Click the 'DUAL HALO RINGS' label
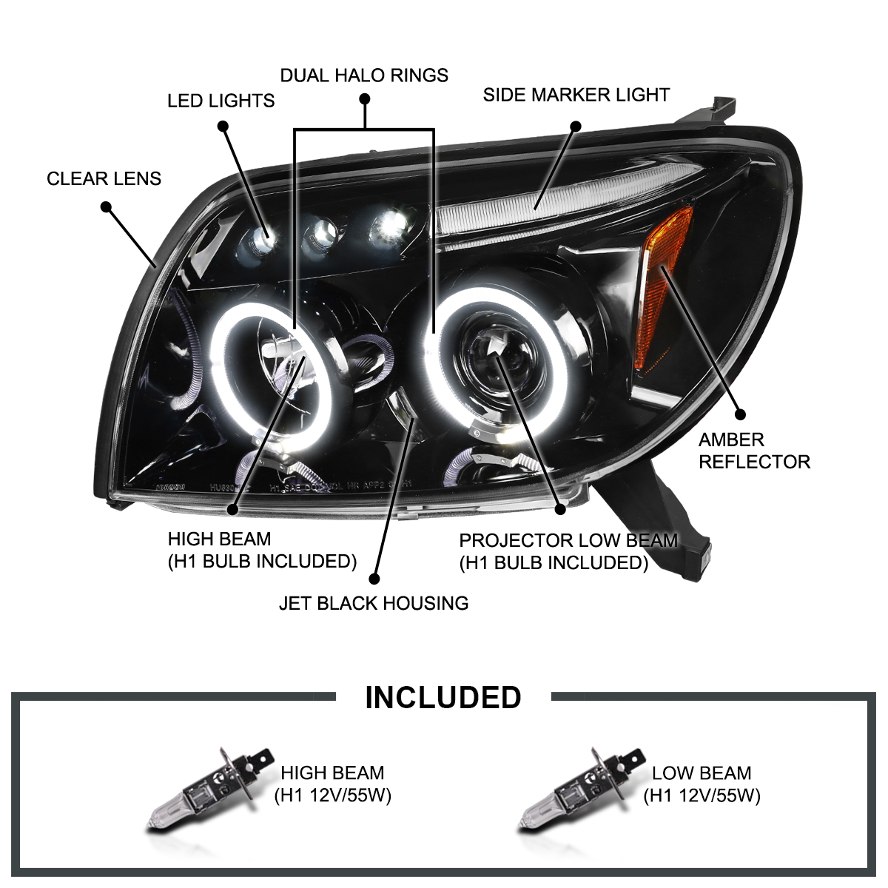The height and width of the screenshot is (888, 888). (363, 75)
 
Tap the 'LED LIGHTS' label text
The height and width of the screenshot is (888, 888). (221, 101)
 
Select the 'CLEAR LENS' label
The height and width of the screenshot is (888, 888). (104, 178)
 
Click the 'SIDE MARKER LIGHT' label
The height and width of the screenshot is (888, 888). (576, 95)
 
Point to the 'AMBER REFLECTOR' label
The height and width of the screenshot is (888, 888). (753, 451)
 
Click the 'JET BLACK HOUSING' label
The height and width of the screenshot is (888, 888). (373, 603)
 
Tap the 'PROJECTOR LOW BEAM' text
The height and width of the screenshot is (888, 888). (568, 541)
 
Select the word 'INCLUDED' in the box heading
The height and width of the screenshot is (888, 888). (443, 698)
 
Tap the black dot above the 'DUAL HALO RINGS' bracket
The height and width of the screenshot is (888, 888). (364, 99)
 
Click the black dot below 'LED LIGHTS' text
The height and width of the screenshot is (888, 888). (223, 127)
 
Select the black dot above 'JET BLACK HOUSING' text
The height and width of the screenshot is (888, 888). (374, 579)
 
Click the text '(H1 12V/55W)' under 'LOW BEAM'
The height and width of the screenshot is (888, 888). (702, 795)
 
